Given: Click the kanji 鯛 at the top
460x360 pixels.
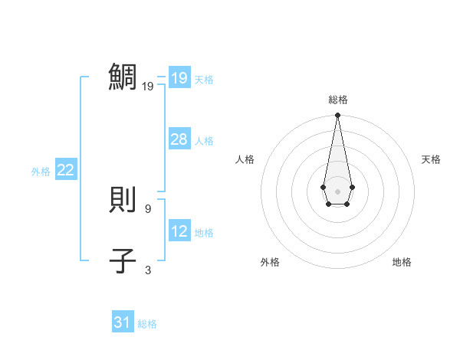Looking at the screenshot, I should tap(124, 77).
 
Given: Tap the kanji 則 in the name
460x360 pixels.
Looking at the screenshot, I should tap(123, 201).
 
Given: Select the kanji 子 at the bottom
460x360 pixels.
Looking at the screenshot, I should tap(123, 260).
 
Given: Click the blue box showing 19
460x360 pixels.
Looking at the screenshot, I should tap(179, 78).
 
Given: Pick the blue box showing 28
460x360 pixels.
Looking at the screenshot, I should tap(179, 139).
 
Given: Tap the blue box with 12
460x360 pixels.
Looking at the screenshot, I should tap(179, 231).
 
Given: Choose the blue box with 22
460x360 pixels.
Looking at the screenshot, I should tap(66, 170).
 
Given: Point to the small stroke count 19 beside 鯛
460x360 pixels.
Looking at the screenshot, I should tap(148, 87).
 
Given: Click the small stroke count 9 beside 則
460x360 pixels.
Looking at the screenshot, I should tap(148, 208).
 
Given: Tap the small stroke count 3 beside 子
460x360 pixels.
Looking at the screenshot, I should tap(148, 270).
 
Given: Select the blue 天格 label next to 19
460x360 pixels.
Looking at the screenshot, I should tap(204, 80).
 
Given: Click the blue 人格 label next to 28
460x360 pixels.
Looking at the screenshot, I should tap(204, 141).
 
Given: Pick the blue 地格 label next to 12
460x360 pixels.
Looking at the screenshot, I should tap(204, 233).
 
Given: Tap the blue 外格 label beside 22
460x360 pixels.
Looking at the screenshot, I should tap(41, 172).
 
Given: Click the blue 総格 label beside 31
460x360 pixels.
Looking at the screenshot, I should tap(147, 324).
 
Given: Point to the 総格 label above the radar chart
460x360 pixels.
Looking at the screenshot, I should tap(337, 100).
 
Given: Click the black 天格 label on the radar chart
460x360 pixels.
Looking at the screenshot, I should tap(432, 159).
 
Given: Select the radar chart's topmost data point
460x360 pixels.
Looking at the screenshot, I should tap(337, 116).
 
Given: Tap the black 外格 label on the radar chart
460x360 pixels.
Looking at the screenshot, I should tap(270, 262).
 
